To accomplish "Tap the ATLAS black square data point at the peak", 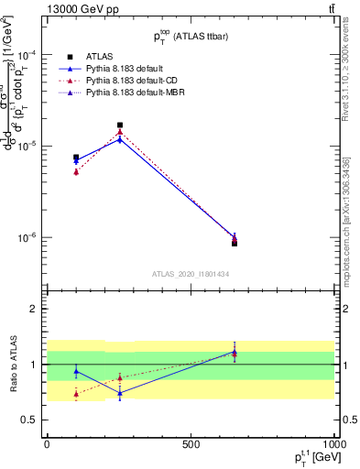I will (120, 125).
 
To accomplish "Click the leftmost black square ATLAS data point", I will (76, 158).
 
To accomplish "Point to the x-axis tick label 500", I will (191, 445).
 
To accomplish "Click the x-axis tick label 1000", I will (333, 445).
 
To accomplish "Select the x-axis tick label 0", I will (47, 445).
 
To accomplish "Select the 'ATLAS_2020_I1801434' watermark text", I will (191, 274).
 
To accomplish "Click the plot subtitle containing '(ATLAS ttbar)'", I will (191, 35).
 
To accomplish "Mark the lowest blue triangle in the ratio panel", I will (120, 393).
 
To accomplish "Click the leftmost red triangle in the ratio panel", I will (76, 394).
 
